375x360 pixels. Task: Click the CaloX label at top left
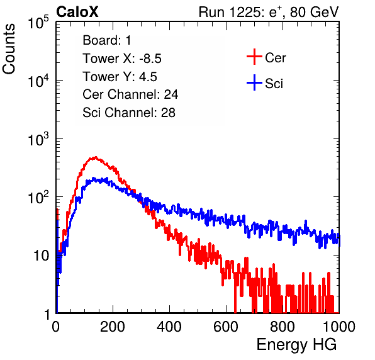pyautogui.click(x=77, y=12)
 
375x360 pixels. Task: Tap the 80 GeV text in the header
pyautogui.click(x=315, y=12)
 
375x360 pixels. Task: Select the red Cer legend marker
pyautogui.click(x=254, y=57)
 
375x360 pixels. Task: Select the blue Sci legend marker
pyautogui.click(x=254, y=82)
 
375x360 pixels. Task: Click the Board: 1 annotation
pyautogui.click(x=107, y=40)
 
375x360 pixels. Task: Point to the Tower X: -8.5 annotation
pyautogui.click(x=122, y=59)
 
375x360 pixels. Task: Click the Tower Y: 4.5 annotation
pyautogui.click(x=120, y=77)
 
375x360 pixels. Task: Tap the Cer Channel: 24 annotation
pyautogui.click(x=130, y=94)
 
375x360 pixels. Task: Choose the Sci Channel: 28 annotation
pyautogui.click(x=129, y=113)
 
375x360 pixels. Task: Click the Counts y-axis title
pyautogui.click(x=9, y=49)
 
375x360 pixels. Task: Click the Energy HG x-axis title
pyautogui.click(x=296, y=345)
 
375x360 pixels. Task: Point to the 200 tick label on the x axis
pyautogui.click(x=113, y=327)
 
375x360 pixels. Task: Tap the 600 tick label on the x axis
pyautogui.click(x=226, y=327)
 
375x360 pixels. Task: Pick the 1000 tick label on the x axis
pyautogui.click(x=339, y=327)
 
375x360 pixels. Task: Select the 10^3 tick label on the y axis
pyautogui.click(x=38, y=138)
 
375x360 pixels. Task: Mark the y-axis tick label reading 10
pyautogui.click(x=42, y=256)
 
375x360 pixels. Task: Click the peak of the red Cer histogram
pyautogui.click(x=96, y=157)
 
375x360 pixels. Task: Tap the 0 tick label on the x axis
pyautogui.click(x=55, y=327)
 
